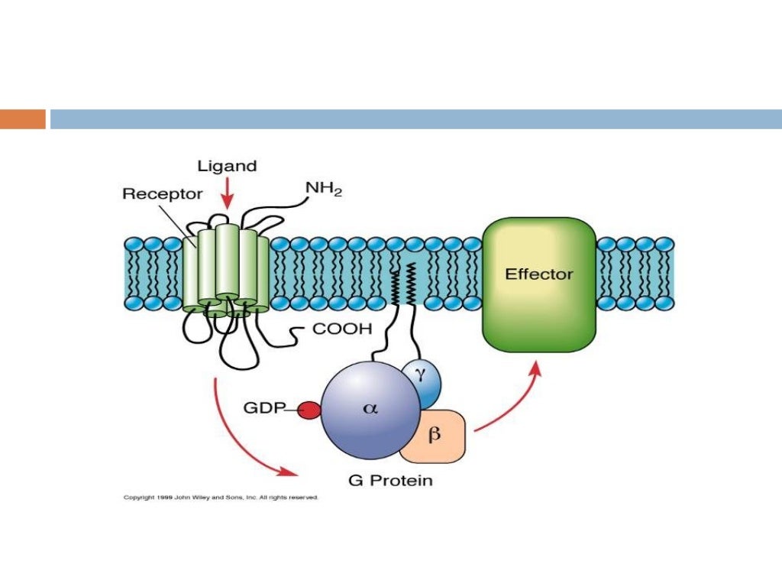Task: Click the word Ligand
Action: (227, 166)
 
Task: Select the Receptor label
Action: (162, 193)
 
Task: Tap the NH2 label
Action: (324, 188)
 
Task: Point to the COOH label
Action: (342, 330)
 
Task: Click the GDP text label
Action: (264, 408)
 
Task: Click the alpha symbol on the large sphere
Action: (370, 408)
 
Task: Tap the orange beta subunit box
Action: (434, 436)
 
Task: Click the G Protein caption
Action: (389, 481)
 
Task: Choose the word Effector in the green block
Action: (539, 274)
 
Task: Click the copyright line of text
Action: (221, 498)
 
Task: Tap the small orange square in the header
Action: (23, 119)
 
